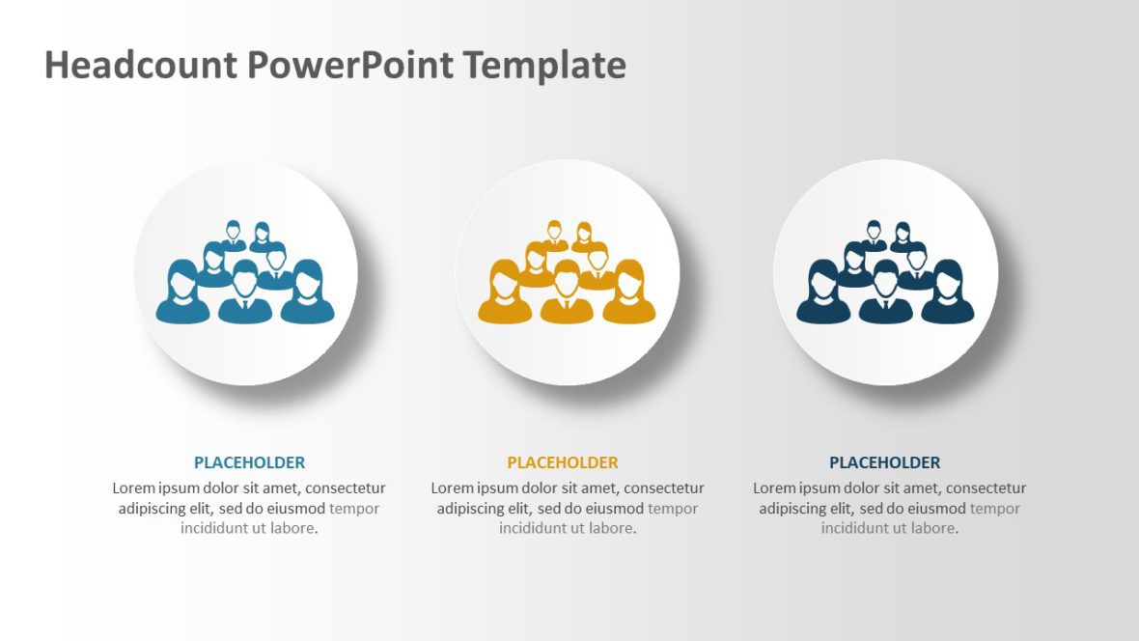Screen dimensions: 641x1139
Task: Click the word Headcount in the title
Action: tap(140, 66)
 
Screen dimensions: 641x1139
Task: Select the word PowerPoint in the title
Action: tap(348, 66)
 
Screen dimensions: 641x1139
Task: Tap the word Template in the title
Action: tap(543, 66)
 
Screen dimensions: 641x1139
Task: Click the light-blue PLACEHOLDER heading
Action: tap(249, 462)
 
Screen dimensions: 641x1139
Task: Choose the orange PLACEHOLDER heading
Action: tap(563, 462)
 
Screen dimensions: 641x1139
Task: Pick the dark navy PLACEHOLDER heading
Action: tap(884, 462)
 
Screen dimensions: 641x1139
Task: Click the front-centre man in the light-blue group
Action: tap(245, 294)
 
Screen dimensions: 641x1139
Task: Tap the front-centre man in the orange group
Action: tap(567, 294)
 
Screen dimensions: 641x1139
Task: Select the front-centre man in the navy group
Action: tap(885, 294)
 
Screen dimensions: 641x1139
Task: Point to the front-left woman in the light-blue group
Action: tap(182, 294)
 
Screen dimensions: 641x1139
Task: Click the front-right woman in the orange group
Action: tap(629, 294)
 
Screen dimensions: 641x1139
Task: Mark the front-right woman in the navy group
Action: tap(948, 294)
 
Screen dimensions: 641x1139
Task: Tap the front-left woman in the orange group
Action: tap(504, 294)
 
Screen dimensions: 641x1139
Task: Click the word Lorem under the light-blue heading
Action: tap(134, 488)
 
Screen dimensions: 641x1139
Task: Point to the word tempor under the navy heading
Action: tap(994, 509)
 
